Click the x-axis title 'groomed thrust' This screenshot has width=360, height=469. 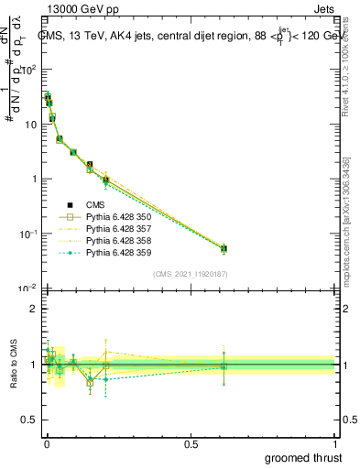305,457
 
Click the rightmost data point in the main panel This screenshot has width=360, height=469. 224,248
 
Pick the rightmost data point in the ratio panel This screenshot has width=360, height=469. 224,367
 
